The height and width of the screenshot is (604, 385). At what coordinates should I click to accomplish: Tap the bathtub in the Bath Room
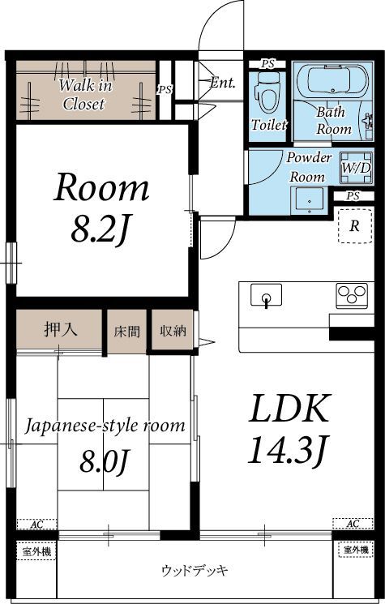tap(332, 81)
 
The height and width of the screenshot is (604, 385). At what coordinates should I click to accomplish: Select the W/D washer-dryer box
tap(357, 168)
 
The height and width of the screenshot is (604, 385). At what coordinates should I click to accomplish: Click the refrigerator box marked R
tap(355, 225)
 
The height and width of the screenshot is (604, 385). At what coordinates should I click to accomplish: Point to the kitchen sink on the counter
tap(266, 295)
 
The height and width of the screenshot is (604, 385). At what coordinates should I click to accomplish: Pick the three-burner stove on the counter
tap(352, 295)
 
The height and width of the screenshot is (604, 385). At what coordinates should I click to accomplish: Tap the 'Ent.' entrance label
tap(223, 83)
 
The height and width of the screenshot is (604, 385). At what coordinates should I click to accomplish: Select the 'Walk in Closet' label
tap(84, 95)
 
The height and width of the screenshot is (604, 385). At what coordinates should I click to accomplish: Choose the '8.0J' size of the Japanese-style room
tap(105, 461)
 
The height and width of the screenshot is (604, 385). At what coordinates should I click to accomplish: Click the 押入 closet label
tap(61, 329)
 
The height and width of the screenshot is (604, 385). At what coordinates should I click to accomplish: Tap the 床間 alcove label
tap(126, 332)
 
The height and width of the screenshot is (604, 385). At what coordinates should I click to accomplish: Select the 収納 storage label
tap(173, 331)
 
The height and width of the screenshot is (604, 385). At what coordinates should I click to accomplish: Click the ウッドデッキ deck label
tap(195, 570)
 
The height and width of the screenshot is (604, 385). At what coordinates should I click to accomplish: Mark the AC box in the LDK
tap(353, 524)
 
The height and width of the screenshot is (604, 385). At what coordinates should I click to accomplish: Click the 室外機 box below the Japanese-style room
tap(36, 551)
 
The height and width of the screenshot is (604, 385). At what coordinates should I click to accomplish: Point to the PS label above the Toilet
tap(267, 64)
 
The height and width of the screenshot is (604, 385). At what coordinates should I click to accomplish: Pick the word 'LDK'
tap(289, 408)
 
